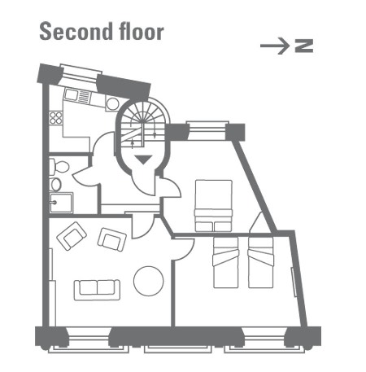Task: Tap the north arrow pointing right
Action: [x=275, y=46]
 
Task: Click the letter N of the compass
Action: [x=304, y=46]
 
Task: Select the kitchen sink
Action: [x=77, y=96]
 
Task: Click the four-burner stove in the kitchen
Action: [x=55, y=118]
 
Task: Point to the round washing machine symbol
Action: [x=112, y=103]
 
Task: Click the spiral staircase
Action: [x=143, y=122]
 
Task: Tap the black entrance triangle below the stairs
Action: [x=143, y=160]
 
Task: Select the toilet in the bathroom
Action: [x=59, y=167]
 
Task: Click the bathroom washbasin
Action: [x=55, y=185]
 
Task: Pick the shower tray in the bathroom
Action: [x=61, y=203]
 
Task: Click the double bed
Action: [x=214, y=206]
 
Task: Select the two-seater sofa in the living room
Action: [x=97, y=290]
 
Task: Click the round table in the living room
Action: [x=149, y=281]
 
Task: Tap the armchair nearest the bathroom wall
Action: [x=72, y=235]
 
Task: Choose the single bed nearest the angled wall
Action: [x=261, y=262]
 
